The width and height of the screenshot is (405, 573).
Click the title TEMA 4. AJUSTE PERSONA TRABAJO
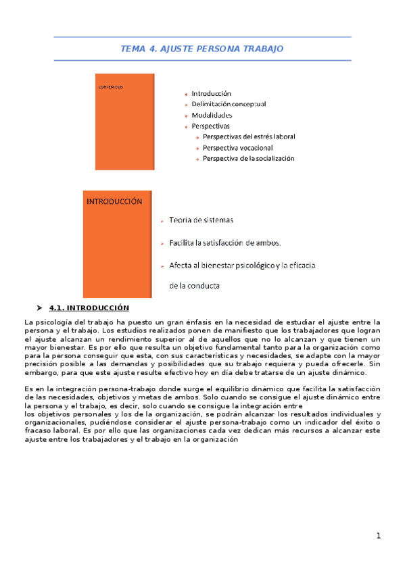pos(201,49)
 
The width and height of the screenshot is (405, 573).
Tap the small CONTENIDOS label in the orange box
pos(110,87)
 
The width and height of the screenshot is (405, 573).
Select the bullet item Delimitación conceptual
pos(229,104)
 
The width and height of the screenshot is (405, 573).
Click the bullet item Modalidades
pos(212,115)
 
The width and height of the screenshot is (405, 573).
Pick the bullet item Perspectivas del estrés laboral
pos(249,136)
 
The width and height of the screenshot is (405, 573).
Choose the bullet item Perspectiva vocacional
pos(237,147)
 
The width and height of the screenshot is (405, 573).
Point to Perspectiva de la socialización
pos(249,158)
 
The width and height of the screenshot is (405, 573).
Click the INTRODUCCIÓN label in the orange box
pos(114,201)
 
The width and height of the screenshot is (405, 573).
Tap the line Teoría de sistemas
pos(201,220)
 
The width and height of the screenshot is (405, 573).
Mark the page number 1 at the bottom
pos(379,536)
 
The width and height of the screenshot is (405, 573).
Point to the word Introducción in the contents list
pos(211,93)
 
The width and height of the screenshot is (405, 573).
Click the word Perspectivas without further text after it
pos(210,126)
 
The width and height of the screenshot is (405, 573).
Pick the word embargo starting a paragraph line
pos(39,372)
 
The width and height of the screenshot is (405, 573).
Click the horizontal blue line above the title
pos(202,37)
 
